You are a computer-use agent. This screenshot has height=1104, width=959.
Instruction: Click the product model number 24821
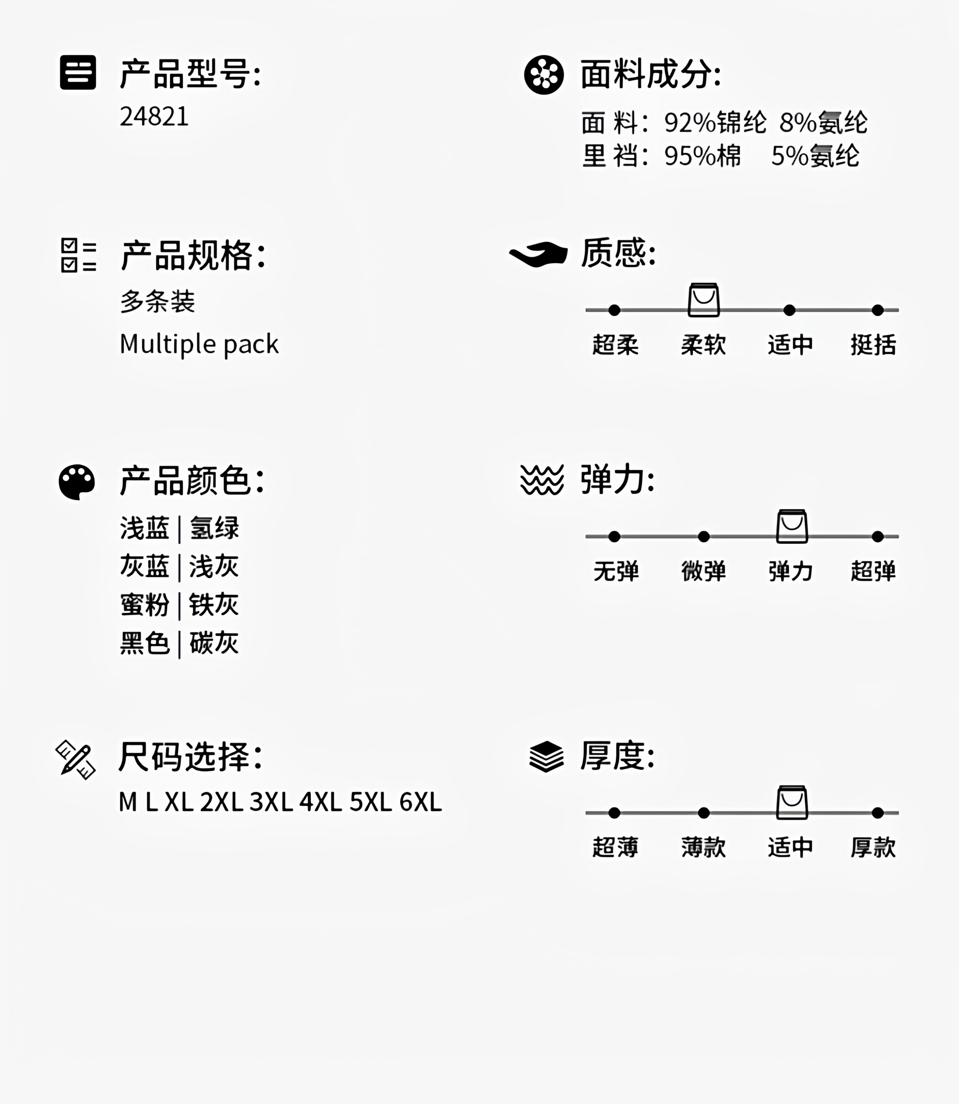[154, 117]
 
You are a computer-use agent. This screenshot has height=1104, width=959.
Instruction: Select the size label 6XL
[421, 802]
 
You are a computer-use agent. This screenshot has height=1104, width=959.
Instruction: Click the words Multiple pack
[199, 344]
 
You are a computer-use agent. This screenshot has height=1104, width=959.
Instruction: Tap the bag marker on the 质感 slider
[704, 300]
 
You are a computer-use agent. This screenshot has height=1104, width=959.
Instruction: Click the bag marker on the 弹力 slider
[792, 527]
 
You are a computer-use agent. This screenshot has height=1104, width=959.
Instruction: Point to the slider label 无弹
[616, 571]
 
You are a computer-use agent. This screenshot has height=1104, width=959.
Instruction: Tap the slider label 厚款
[873, 848]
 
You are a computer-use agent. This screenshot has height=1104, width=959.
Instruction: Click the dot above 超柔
[614, 310]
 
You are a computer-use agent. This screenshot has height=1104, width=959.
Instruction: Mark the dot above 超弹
[878, 536]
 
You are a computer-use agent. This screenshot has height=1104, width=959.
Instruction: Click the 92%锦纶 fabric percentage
[715, 123]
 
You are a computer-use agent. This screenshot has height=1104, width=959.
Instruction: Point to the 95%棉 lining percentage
[703, 156]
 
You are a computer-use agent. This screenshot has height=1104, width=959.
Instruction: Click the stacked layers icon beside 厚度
[546, 757]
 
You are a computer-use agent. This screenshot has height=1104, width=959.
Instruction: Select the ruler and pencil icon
[76, 759]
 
